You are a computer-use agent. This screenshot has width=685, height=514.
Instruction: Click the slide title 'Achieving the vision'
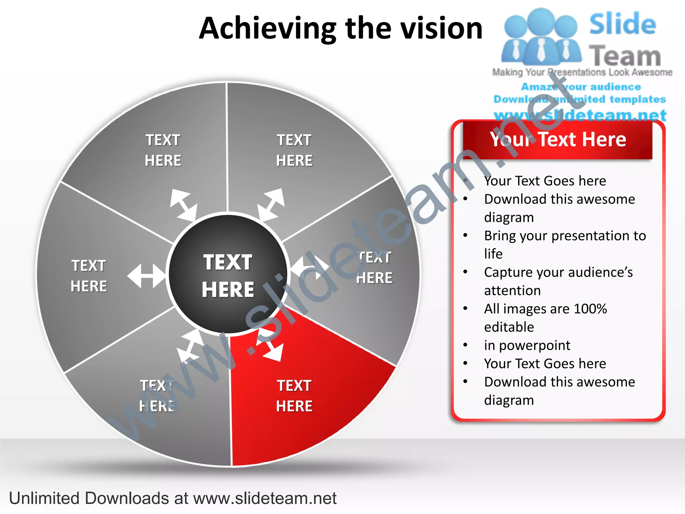(340, 28)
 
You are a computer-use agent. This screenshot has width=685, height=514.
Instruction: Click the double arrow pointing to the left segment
(146, 276)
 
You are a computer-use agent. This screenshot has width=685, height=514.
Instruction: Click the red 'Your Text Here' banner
(558, 140)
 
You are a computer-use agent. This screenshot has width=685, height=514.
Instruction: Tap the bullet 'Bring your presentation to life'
(565, 245)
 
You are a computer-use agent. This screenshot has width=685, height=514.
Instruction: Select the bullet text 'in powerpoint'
(527, 345)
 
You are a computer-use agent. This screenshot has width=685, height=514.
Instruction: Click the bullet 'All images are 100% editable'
(545, 318)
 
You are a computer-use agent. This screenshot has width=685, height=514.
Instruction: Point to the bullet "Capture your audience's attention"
(558, 281)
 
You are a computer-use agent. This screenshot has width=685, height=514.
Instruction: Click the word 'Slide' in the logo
(622, 24)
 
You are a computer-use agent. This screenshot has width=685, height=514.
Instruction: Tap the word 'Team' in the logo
(625, 56)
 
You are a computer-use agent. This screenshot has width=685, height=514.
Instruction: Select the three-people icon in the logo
(541, 37)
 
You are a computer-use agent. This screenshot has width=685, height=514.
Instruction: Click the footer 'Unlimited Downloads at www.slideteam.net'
(173, 498)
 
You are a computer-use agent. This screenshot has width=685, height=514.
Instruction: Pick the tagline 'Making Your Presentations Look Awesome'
(582, 72)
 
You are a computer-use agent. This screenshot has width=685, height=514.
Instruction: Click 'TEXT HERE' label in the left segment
(89, 276)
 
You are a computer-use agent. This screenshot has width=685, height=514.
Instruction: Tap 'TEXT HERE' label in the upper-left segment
(163, 150)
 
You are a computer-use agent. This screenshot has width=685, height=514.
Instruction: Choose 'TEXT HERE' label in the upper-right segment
(294, 150)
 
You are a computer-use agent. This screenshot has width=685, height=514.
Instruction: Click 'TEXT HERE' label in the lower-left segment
(157, 396)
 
